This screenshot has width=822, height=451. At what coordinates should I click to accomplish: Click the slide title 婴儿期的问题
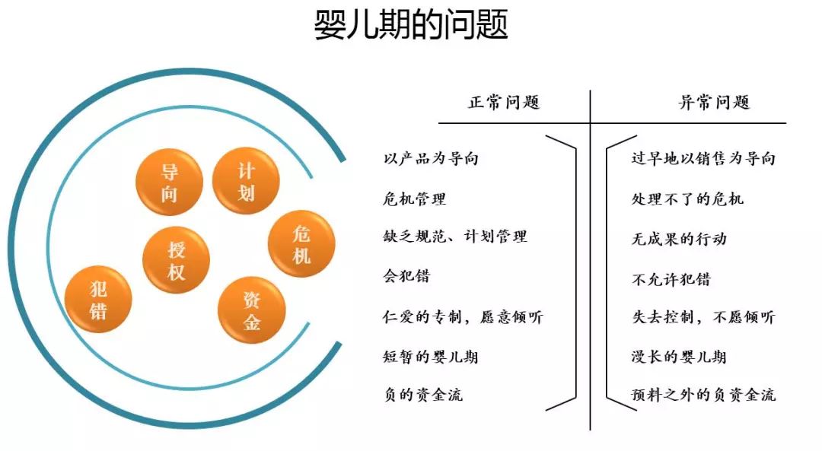pyautogui.click(x=411, y=25)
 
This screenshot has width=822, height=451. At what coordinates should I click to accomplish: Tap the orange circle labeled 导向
pyautogui.click(x=169, y=183)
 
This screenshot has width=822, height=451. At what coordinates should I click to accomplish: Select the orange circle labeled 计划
pyautogui.click(x=246, y=181)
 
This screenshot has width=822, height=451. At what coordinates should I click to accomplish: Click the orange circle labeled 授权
pyautogui.click(x=176, y=260)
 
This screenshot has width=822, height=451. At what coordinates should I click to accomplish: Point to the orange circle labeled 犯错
pyautogui.click(x=98, y=299)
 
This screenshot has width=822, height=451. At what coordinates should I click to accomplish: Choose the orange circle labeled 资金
pyautogui.click(x=252, y=310)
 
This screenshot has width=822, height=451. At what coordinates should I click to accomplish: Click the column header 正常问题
pyautogui.click(x=504, y=102)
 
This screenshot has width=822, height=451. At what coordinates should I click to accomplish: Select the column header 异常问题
pyautogui.click(x=714, y=102)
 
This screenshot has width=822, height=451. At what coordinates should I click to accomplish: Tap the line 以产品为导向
pyautogui.click(x=431, y=159)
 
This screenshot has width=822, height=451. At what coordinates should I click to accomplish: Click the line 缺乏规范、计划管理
pyautogui.click(x=455, y=237)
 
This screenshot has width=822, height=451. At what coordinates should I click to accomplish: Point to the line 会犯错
pyautogui.click(x=406, y=276)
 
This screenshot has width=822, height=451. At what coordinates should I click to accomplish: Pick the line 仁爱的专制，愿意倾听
pyautogui.click(x=463, y=316)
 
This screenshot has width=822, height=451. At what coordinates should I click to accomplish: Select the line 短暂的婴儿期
pyautogui.click(x=431, y=356)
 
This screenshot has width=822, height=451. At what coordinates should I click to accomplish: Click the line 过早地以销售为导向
pyautogui.click(x=703, y=159)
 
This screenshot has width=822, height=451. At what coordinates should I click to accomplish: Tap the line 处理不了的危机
pyautogui.click(x=687, y=199)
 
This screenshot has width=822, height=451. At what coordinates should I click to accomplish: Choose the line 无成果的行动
pyautogui.click(x=679, y=238)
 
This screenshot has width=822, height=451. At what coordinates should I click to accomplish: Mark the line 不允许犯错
pyautogui.click(x=671, y=278)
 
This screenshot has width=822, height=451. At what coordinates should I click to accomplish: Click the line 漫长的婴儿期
pyautogui.click(x=679, y=356)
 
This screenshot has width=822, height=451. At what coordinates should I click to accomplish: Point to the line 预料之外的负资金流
pyautogui.click(x=703, y=395)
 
